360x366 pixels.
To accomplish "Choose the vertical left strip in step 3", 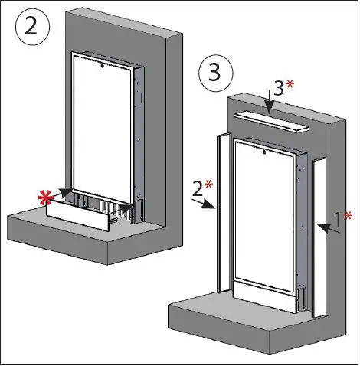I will click(x=224, y=214).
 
